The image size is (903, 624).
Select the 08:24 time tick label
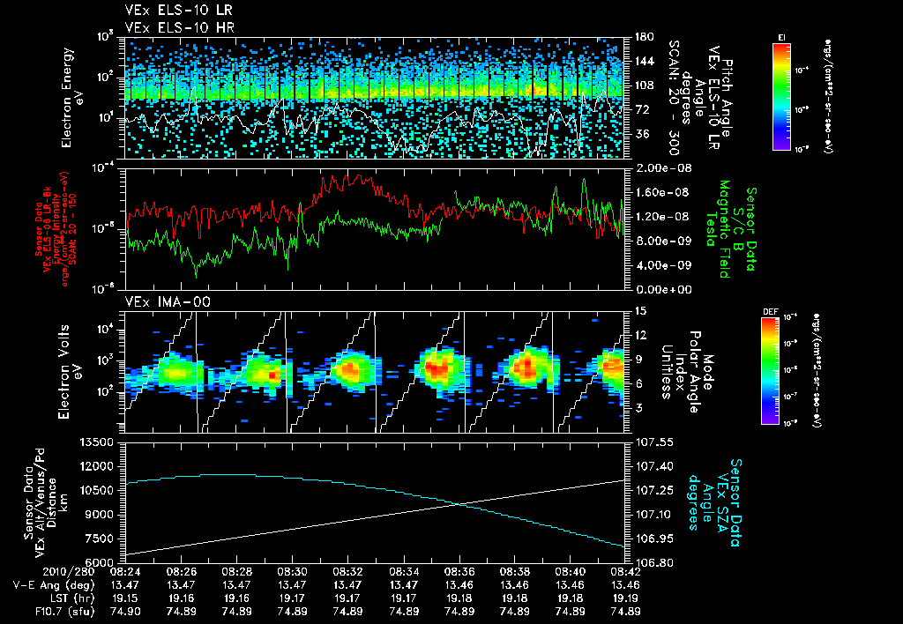(x=123, y=571)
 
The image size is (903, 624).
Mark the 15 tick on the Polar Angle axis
(x=638, y=311)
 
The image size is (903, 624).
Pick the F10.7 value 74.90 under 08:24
(x=123, y=611)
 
